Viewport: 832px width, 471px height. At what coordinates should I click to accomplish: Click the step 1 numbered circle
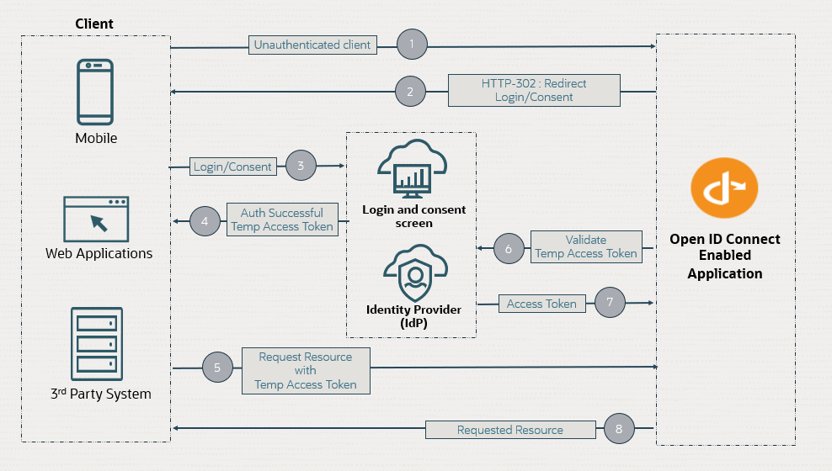(411, 45)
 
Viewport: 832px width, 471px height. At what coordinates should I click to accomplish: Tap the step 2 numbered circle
(410, 91)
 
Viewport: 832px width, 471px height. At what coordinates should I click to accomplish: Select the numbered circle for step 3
(301, 167)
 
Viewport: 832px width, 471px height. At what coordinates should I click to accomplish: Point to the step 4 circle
(205, 220)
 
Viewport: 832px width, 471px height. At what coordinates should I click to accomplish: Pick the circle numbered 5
(217, 368)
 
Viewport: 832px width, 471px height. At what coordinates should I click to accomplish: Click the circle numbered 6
(509, 249)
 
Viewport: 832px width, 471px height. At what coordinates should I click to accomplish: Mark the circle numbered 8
(619, 429)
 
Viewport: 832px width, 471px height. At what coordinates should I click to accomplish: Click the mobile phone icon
(96, 92)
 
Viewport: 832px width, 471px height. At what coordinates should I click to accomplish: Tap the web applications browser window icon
(96, 219)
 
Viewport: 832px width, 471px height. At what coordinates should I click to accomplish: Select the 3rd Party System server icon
(96, 341)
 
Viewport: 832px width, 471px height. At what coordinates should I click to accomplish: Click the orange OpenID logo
(724, 192)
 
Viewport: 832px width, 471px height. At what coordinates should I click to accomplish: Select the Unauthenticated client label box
(312, 45)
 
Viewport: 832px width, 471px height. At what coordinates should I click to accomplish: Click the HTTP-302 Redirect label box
(534, 90)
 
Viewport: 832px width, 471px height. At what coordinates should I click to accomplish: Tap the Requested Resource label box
(509, 430)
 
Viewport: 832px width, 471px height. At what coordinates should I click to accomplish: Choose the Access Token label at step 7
(541, 304)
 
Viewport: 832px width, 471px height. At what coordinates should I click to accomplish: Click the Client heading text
(94, 24)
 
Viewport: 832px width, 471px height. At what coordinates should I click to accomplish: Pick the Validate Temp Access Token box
(586, 246)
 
